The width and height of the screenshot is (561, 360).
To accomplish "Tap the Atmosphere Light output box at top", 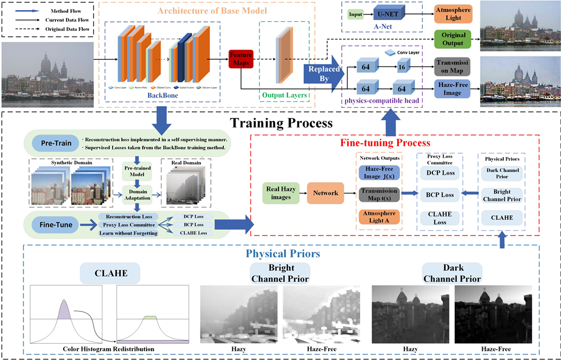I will click(453, 13).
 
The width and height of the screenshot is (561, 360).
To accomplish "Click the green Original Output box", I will click(453, 39).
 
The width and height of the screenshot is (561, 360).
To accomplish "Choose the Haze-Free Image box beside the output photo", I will click(453, 88).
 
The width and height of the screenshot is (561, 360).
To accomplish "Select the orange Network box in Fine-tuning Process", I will click(326, 193).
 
